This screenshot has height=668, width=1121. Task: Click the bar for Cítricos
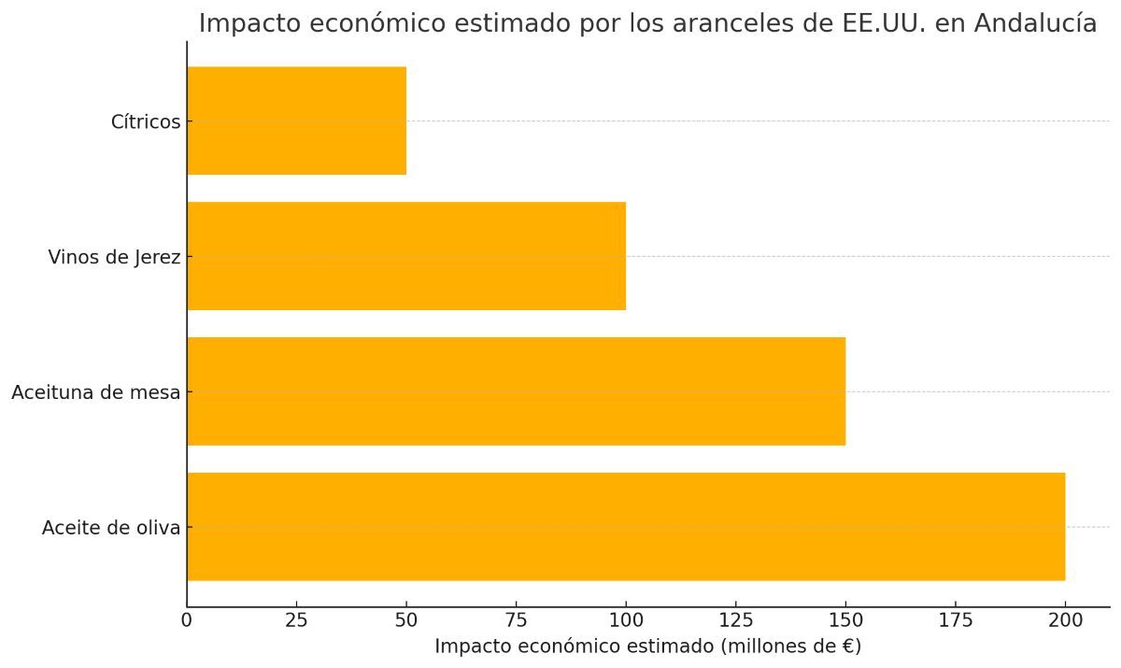(x=296, y=121)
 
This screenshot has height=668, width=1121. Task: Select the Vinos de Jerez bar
(x=406, y=256)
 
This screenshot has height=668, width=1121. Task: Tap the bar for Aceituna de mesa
(x=516, y=391)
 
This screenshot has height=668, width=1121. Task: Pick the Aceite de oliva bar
(x=626, y=527)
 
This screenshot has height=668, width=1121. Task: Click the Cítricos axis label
(x=145, y=121)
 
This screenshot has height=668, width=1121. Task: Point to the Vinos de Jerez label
(x=114, y=257)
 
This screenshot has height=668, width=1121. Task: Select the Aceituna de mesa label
(x=95, y=392)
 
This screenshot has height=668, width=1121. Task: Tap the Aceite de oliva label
(x=110, y=528)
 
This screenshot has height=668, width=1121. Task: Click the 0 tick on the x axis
(x=187, y=619)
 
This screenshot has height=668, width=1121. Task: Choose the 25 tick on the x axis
(x=296, y=619)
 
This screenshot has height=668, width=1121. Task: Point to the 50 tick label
(x=406, y=619)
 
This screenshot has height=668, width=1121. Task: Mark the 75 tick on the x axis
(x=516, y=619)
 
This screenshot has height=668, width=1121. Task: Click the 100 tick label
(x=626, y=619)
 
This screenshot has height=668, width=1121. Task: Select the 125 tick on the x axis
(x=735, y=619)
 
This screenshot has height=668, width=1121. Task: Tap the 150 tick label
(x=845, y=619)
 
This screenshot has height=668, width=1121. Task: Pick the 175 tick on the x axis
(x=955, y=619)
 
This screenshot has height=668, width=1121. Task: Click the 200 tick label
(x=1065, y=619)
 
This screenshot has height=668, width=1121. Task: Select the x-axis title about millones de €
(x=647, y=647)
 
